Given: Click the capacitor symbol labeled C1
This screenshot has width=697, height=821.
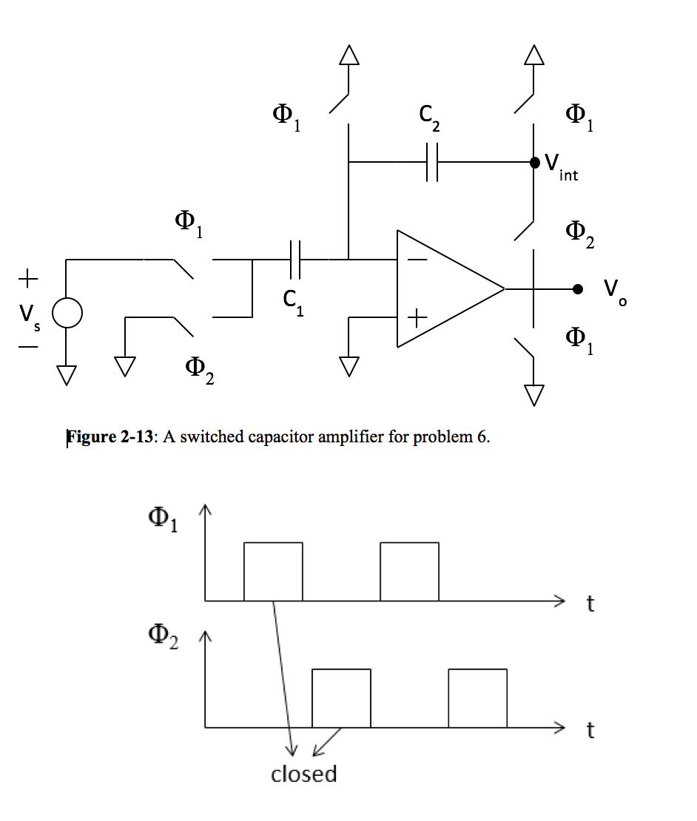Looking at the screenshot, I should pyautogui.click(x=295, y=260).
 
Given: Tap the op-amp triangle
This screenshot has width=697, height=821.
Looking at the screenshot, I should pyautogui.click(x=444, y=288).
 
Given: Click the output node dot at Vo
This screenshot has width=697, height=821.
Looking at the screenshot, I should pyautogui.click(x=578, y=288).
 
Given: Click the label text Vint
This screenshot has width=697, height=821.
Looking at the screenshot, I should pyautogui.click(x=562, y=166).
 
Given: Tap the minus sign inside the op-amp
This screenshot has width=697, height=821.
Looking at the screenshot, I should pyautogui.click(x=417, y=260).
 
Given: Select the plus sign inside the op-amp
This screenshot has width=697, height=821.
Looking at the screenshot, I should pyautogui.click(x=417, y=317).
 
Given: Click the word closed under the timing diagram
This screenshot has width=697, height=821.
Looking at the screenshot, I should pyautogui.click(x=303, y=774).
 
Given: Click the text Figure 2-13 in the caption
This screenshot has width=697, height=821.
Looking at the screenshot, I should pyautogui.click(x=111, y=436).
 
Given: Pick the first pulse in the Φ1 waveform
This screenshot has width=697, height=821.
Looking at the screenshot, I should pyautogui.click(x=273, y=571).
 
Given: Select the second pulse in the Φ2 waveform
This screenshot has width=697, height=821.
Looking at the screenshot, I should pyautogui.click(x=477, y=697).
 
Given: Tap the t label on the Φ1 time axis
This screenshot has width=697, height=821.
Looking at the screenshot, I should pyautogui.click(x=590, y=604).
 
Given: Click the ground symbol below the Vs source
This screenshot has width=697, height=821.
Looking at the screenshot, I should pyautogui.click(x=67, y=374).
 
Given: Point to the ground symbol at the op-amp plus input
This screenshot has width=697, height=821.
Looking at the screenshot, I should pyautogui.click(x=348, y=365).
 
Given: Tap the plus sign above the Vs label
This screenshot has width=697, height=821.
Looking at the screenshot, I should pyautogui.click(x=27, y=280).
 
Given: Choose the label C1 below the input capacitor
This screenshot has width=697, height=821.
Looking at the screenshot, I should pyautogui.click(x=293, y=300).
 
